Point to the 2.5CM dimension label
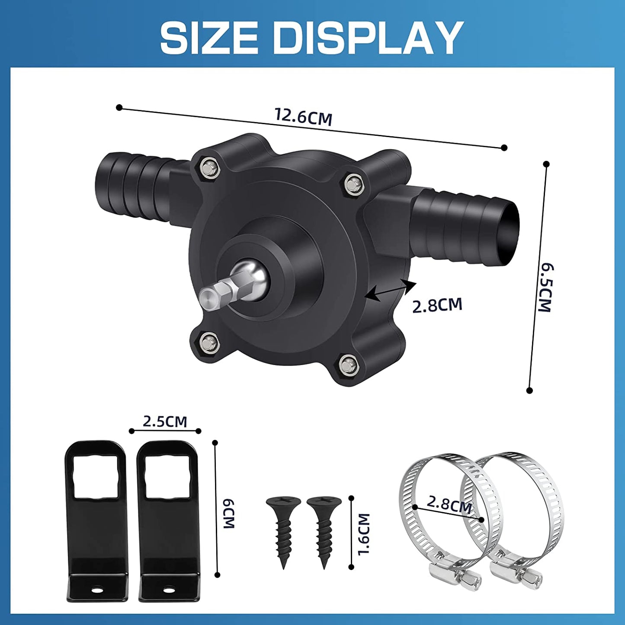tap(165, 421)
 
